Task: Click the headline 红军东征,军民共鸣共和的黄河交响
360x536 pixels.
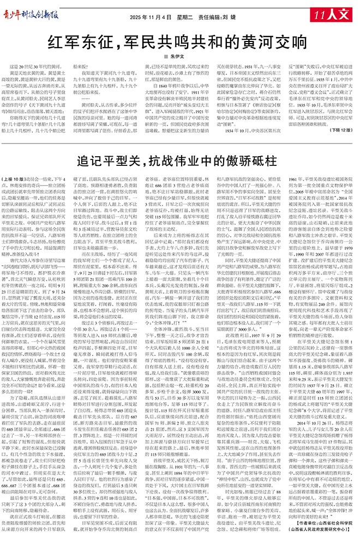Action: coord(179,41)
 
